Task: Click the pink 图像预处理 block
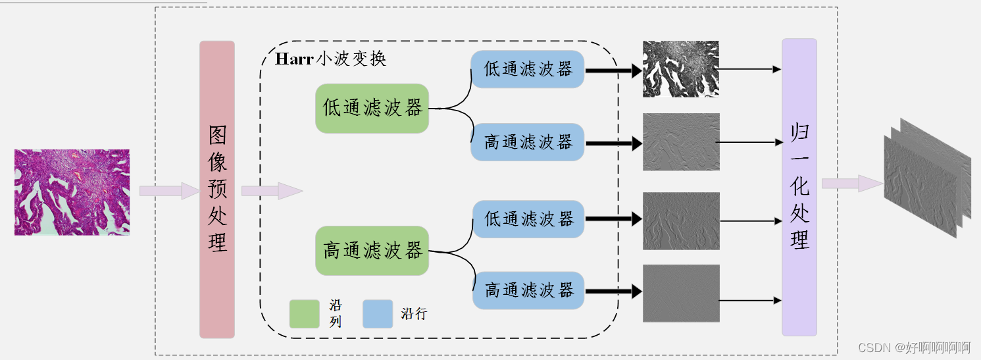click(x=217, y=190)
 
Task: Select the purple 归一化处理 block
click(x=799, y=188)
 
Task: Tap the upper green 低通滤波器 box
click(x=372, y=109)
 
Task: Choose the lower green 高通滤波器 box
click(x=372, y=251)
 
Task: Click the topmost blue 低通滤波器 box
click(x=528, y=69)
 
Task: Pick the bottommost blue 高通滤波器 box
click(x=528, y=290)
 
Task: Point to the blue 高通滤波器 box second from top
click(x=528, y=142)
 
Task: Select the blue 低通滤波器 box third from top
click(x=528, y=219)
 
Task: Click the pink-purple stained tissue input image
click(x=72, y=192)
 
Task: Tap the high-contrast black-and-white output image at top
click(x=681, y=69)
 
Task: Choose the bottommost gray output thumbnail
click(x=681, y=294)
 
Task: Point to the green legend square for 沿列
click(x=304, y=314)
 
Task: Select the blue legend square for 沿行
click(x=378, y=314)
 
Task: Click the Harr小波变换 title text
click(x=330, y=59)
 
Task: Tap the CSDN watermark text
click(x=915, y=347)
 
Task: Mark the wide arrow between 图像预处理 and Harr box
click(x=270, y=191)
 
